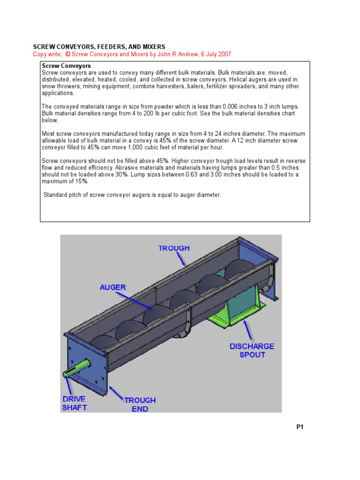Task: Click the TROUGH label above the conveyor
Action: click(x=173, y=248)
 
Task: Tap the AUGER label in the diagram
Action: click(x=112, y=287)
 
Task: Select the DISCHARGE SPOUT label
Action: click(x=252, y=351)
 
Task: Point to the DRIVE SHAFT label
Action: click(x=74, y=403)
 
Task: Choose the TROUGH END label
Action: click(x=140, y=405)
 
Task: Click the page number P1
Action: click(x=300, y=427)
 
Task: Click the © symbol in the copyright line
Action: click(x=68, y=54)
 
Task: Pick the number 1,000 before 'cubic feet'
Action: click(x=120, y=147)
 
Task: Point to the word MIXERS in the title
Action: click(x=151, y=47)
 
